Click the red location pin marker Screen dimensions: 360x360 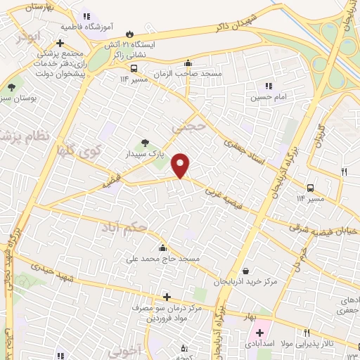(x=181, y=167)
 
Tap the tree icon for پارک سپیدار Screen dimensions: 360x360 (x=146, y=143)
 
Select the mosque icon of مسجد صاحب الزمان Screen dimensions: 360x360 (x=188, y=63)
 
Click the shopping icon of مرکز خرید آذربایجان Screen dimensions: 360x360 (x=245, y=271)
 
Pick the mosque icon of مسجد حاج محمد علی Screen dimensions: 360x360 (x=163, y=247)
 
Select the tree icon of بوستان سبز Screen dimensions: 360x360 (x=11, y=87)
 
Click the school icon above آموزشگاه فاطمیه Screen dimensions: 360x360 (x=86, y=16)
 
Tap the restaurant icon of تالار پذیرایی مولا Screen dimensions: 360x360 (x=307, y=333)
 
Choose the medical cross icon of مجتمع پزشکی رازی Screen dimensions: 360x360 (x=60, y=43)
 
